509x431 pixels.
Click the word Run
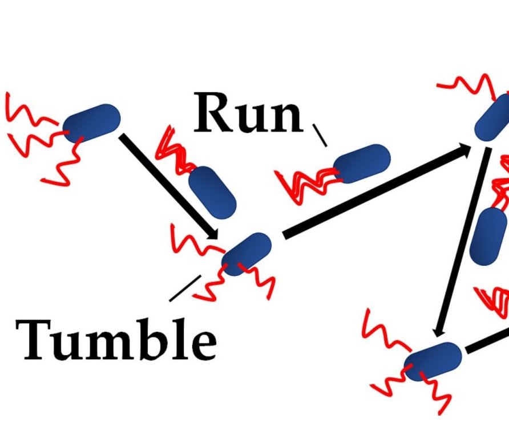coord(248,113)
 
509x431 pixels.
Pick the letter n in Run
coord(285,118)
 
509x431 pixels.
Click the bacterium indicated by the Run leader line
coord(362,163)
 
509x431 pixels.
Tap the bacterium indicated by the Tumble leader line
coord(247,254)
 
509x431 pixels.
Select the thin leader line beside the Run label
coord(320,135)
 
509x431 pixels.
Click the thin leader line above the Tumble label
coord(185,288)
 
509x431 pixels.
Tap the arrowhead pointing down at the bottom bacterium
coord(439,331)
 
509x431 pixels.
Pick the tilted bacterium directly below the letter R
coord(212,192)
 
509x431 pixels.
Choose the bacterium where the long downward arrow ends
coord(433,360)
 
